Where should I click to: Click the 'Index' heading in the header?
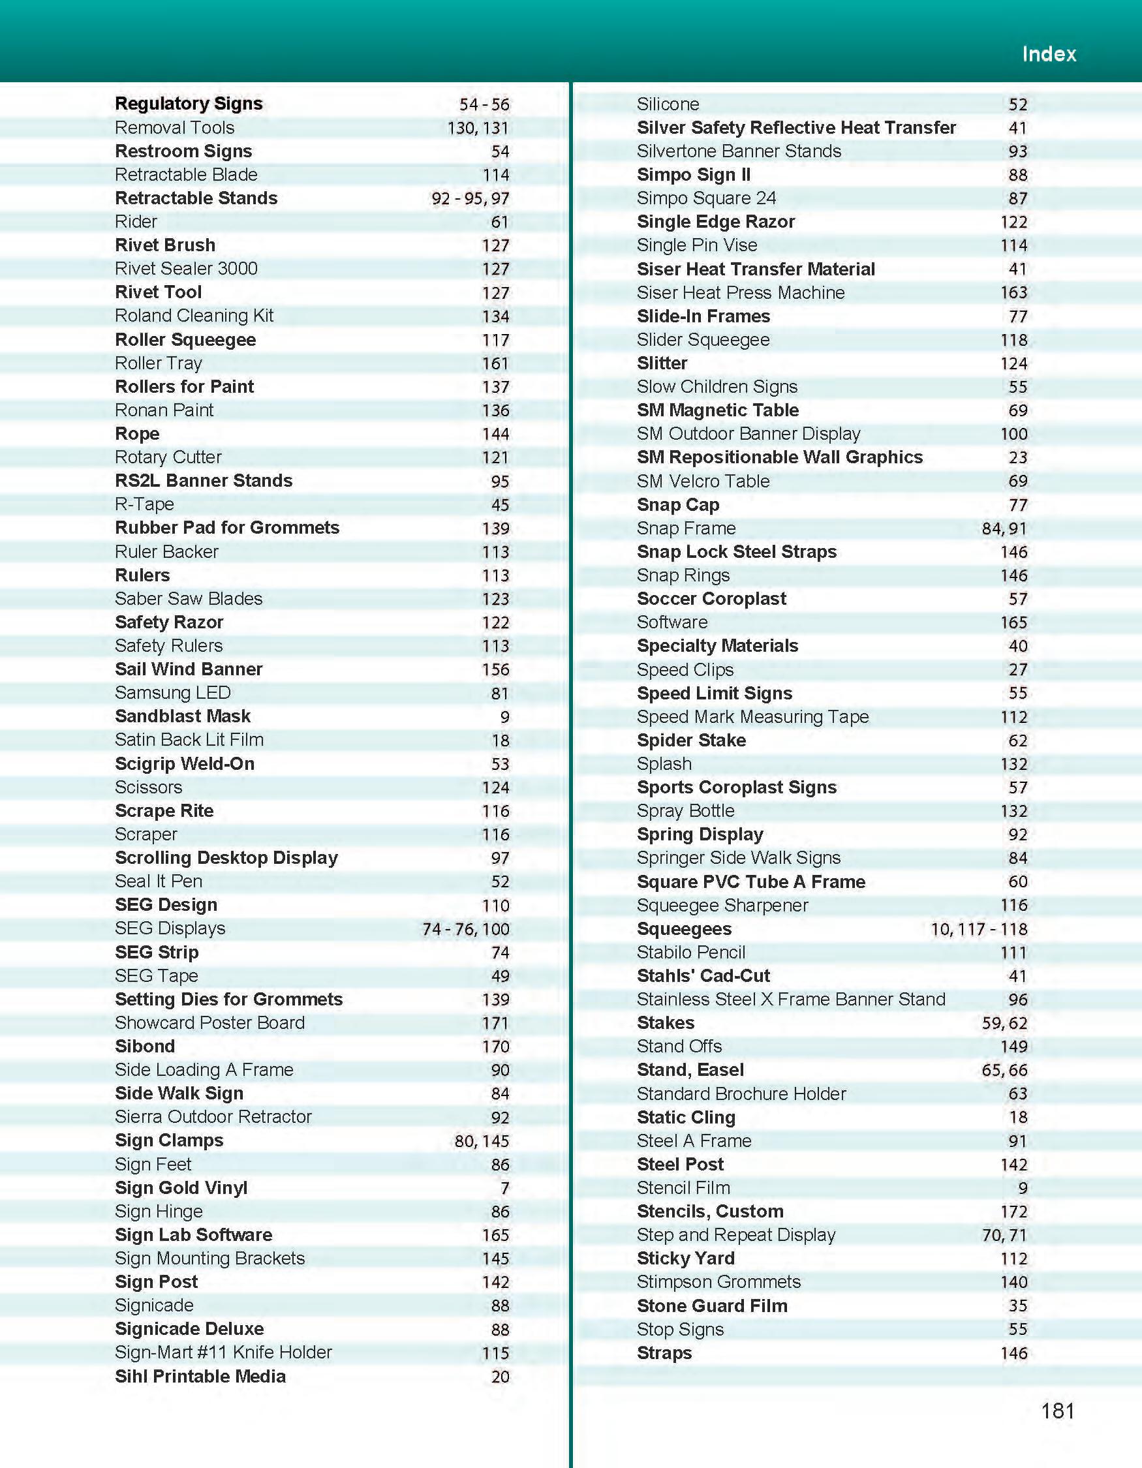click(1049, 54)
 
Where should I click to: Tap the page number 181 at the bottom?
click(1057, 1410)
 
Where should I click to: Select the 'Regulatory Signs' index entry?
click(189, 104)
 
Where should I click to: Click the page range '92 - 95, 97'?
click(470, 198)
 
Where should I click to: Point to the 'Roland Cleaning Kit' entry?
click(194, 315)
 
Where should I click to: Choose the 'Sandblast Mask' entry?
click(183, 716)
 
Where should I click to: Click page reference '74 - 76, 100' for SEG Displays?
click(465, 929)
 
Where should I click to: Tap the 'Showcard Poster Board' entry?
click(209, 1022)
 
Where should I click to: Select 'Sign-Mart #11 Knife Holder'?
click(223, 1352)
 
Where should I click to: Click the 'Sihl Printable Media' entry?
click(200, 1376)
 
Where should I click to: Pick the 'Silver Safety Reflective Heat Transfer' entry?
click(796, 128)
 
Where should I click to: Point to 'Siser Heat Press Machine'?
click(741, 292)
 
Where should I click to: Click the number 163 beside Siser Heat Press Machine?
click(1013, 292)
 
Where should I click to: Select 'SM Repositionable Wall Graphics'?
click(780, 457)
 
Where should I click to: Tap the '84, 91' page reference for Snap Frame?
click(1004, 528)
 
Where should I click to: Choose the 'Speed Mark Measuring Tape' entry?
click(753, 716)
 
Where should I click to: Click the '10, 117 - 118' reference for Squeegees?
click(979, 929)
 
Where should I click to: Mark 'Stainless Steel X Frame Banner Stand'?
click(791, 1000)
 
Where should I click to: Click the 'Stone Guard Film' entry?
click(712, 1306)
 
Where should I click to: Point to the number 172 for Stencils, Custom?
click(1013, 1211)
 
